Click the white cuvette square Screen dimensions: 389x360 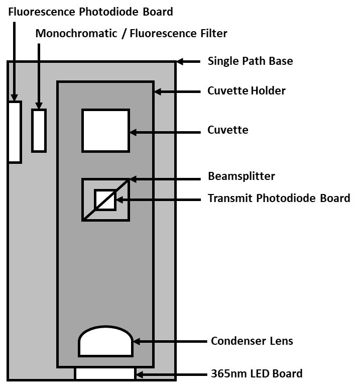105,130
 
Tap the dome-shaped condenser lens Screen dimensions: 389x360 105,343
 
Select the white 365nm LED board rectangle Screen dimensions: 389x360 105,373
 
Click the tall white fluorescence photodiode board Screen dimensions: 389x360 15,132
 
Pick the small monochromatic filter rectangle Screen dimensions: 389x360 39,130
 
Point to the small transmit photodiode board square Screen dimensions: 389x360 105,200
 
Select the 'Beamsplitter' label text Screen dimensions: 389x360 242,177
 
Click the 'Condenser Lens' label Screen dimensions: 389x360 252,341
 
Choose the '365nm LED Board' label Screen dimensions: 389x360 257,373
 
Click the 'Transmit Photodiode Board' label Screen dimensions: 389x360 279,198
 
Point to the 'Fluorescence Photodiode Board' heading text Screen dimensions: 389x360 91,11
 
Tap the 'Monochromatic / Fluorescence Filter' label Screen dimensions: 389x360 132,34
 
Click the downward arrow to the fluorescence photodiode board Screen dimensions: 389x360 15,60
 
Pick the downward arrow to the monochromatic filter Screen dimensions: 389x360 39,75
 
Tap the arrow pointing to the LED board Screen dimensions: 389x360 171,374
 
